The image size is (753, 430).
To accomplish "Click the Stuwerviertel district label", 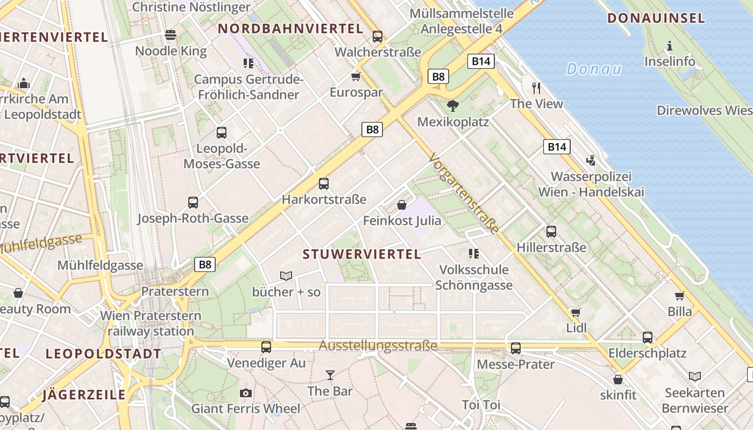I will coord(362,254).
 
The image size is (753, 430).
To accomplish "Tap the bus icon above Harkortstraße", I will coord(324,184).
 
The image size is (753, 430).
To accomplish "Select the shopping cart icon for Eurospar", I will coord(356,76).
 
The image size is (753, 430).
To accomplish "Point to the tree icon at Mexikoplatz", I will coord(453,105).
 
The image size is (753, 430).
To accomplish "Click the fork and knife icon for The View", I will coord(536,88).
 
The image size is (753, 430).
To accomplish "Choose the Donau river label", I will coord(594,69).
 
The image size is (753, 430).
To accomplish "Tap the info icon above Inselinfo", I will coord(670,46).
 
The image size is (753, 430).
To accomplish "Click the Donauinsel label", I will coord(656,18).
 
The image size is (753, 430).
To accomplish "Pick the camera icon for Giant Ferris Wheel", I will coord(246,393).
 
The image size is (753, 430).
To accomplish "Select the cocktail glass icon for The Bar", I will coord(330,375).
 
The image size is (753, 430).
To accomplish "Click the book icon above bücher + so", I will coord(286,276).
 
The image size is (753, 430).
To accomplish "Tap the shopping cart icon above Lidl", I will coord(576,312).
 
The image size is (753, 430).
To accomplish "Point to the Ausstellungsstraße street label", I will coord(378,346).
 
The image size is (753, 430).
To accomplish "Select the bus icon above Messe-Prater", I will coord(516,348).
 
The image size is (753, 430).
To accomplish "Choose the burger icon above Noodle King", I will coord(171,35).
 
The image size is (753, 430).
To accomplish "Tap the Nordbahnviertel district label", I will coord(290,29).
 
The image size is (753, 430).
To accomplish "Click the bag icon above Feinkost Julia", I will coord(402,205).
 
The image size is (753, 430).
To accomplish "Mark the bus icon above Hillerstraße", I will coord(551,232).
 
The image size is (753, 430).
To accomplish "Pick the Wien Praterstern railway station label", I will coord(151,323).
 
